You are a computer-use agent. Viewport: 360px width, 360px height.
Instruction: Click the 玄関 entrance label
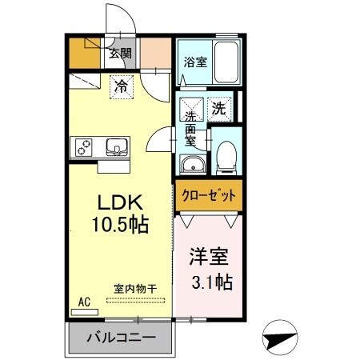[121, 54]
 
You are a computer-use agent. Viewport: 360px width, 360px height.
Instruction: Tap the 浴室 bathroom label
[194, 60]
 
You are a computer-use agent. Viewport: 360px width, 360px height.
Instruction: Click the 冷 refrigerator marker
[120, 82]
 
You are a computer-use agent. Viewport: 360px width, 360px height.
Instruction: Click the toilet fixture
[226, 156]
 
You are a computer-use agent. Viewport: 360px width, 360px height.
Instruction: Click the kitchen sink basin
[116, 147]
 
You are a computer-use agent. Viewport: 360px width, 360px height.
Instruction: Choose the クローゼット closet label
[208, 195]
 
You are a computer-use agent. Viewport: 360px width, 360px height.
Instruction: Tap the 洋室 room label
[209, 258]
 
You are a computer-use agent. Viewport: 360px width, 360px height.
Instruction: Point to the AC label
[83, 302]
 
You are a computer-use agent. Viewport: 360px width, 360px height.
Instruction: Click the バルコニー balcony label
[121, 338]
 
